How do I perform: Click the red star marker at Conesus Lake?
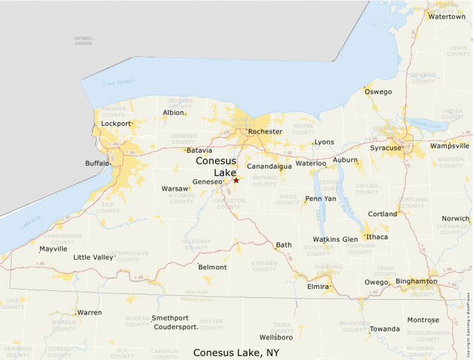click(x=236, y=180)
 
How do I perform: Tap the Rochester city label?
click(x=265, y=131)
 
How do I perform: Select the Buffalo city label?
click(x=97, y=164)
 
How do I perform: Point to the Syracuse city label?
click(x=385, y=148)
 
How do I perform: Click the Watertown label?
click(x=446, y=17)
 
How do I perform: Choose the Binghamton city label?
click(x=416, y=281)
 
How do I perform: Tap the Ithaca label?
click(x=377, y=237)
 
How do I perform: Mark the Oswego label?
click(x=378, y=91)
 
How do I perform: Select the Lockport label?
click(x=115, y=124)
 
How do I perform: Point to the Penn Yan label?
click(x=321, y=198)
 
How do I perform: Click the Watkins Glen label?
click(x=335, y=239)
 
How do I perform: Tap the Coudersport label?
click(x=176, y=327)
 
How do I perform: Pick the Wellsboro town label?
click(x=276, y=337)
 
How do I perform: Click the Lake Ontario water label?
click(x=119, y=83)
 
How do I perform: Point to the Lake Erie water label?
click(x=30, y=222)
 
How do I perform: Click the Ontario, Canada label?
click(x=83, y=40)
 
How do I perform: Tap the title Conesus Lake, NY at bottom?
click(x=236, y=352)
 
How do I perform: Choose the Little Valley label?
click(x=93, y=257)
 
